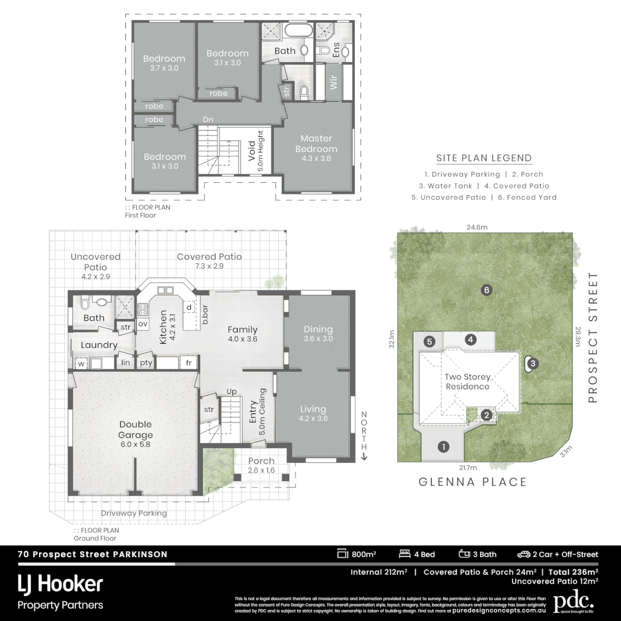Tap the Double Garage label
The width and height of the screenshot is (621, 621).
[136, 430]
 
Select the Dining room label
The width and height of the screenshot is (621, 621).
[318, 333]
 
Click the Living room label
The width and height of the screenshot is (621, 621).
[313, 413]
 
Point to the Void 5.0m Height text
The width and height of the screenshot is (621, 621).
[255, 151]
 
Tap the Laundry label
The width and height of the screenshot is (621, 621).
[99, 345]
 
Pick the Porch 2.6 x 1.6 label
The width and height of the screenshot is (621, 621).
[261, 465]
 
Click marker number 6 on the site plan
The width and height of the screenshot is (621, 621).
[486, 290]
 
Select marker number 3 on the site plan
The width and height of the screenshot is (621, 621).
[532, 363]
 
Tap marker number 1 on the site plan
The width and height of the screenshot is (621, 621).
[443, 446]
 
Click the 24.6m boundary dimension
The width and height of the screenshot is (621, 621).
[477, 227]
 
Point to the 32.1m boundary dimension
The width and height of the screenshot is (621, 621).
[392, 339]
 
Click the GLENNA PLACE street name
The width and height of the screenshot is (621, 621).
[473, 482]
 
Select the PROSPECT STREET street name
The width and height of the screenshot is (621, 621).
[593, 338]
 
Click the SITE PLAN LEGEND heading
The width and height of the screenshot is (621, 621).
[484, 158]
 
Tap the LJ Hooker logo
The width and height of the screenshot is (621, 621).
[60, 584]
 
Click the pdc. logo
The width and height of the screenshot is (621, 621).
[573, 602]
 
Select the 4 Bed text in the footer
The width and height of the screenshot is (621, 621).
[417, 554]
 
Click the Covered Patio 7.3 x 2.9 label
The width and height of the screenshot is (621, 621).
[209, 262]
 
